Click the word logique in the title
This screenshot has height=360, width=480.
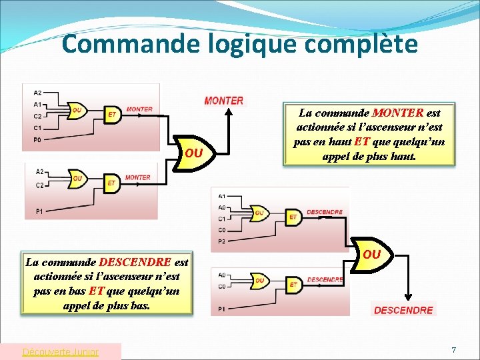(227, 44)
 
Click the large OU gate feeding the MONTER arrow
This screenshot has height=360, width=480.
(194, 153)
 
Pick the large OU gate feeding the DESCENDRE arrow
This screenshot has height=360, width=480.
(372, 255)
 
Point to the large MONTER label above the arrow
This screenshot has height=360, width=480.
(224, 101)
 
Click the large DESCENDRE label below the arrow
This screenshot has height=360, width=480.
(403, 310)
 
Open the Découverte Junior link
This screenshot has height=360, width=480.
(60, 351)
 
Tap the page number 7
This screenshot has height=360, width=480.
(453, 350)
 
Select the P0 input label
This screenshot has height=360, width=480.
(37, 140)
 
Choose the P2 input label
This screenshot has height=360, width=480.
(221, 241)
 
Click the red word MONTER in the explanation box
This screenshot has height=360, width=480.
(398, 113)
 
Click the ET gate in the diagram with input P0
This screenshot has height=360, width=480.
(113, 115)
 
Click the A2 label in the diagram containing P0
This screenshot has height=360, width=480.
(37, 93)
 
